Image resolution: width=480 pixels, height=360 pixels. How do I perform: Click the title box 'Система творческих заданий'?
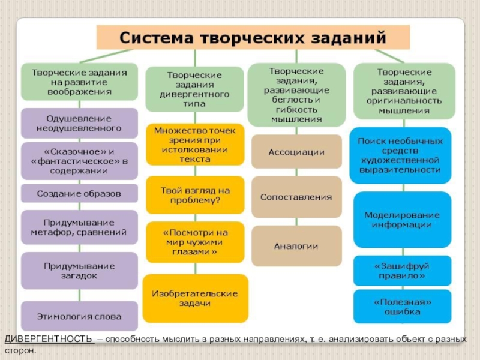[253, 37]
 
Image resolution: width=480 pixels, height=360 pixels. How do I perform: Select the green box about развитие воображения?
[80, 82]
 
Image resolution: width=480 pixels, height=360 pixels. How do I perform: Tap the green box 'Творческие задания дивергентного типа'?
[194, 89]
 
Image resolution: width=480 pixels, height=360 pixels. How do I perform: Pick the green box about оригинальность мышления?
[403, 91]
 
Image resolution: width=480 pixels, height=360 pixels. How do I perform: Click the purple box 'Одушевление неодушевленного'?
[80, 123]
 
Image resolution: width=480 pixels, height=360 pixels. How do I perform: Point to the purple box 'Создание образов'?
[80, 193]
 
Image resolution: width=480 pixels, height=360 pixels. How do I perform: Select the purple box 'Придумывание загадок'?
[80, 271]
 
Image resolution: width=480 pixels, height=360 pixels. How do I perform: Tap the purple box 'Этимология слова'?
[80, 316]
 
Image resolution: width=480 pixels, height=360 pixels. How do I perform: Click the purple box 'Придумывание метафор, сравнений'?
[80, 226]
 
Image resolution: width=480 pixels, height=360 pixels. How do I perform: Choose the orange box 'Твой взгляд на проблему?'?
[194, 195]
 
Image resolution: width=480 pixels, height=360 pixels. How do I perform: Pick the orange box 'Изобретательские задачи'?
[194, 298]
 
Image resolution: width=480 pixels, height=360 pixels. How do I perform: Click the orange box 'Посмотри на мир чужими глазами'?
[194, 242]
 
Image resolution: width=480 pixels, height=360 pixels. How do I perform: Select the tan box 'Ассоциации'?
[296, 152]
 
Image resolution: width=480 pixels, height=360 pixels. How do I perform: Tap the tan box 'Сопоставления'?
[296, 197]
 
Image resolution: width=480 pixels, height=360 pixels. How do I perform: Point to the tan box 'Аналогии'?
[296, 246]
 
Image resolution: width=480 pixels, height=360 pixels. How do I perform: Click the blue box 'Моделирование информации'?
[402, 220]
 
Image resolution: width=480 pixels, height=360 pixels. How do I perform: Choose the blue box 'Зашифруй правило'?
[402, 271]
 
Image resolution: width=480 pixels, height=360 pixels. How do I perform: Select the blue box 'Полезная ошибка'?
[402, 306]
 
